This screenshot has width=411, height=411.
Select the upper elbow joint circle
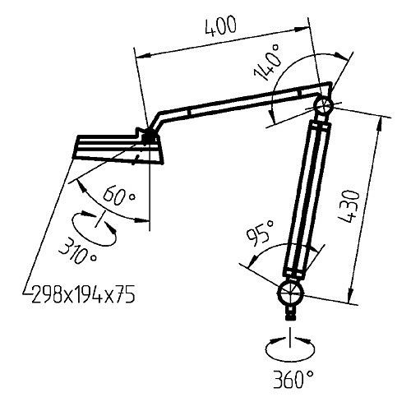tap(322, 106)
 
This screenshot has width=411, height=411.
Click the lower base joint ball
tap(289, 293)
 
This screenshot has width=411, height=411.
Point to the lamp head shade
tap(115, 148)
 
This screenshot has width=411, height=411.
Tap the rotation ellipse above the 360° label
tap(289, 349)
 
